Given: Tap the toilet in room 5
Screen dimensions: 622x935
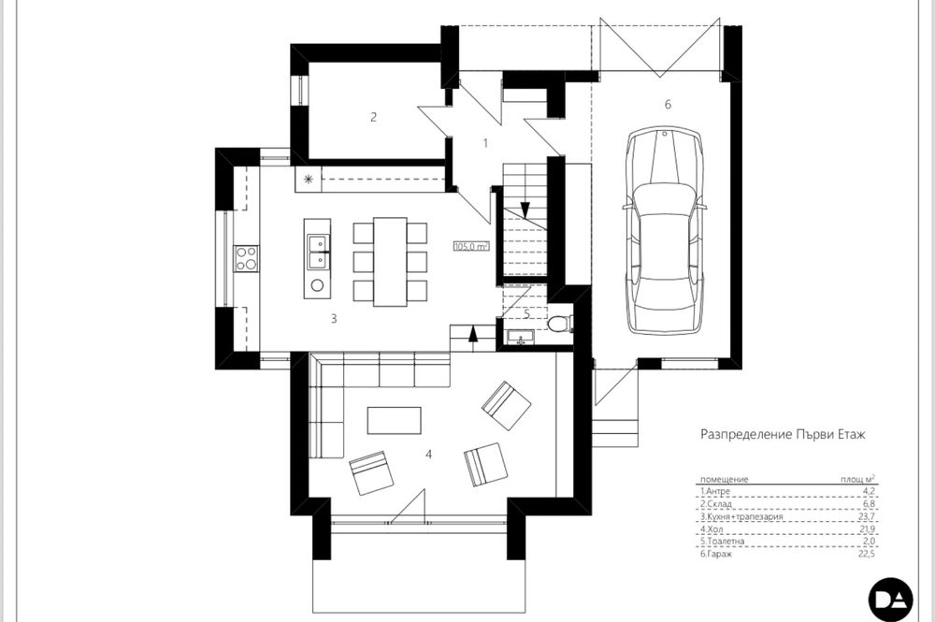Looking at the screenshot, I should tap(558, 325).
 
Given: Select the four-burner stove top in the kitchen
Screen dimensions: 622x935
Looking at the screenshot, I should tap(247, 258).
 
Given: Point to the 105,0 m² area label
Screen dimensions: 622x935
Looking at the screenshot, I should tap(471, 247).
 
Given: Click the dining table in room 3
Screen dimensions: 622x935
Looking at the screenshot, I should tap(390, 262).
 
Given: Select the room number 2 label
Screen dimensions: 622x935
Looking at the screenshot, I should tap(373, 117).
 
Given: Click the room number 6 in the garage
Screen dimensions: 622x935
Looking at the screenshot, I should tap(668, 104).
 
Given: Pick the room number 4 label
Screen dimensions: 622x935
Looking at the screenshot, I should tap(428, 456).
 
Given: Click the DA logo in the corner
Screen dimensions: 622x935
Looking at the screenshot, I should tap(890, 599).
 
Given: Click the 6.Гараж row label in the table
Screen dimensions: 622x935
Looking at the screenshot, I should tap(717, 554).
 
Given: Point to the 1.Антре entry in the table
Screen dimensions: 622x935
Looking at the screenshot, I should tap(717, 490).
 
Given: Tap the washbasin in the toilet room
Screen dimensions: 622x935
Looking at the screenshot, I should tap(517, 336).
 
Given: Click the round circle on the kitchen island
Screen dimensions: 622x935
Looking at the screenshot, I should tap(317, 284).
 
